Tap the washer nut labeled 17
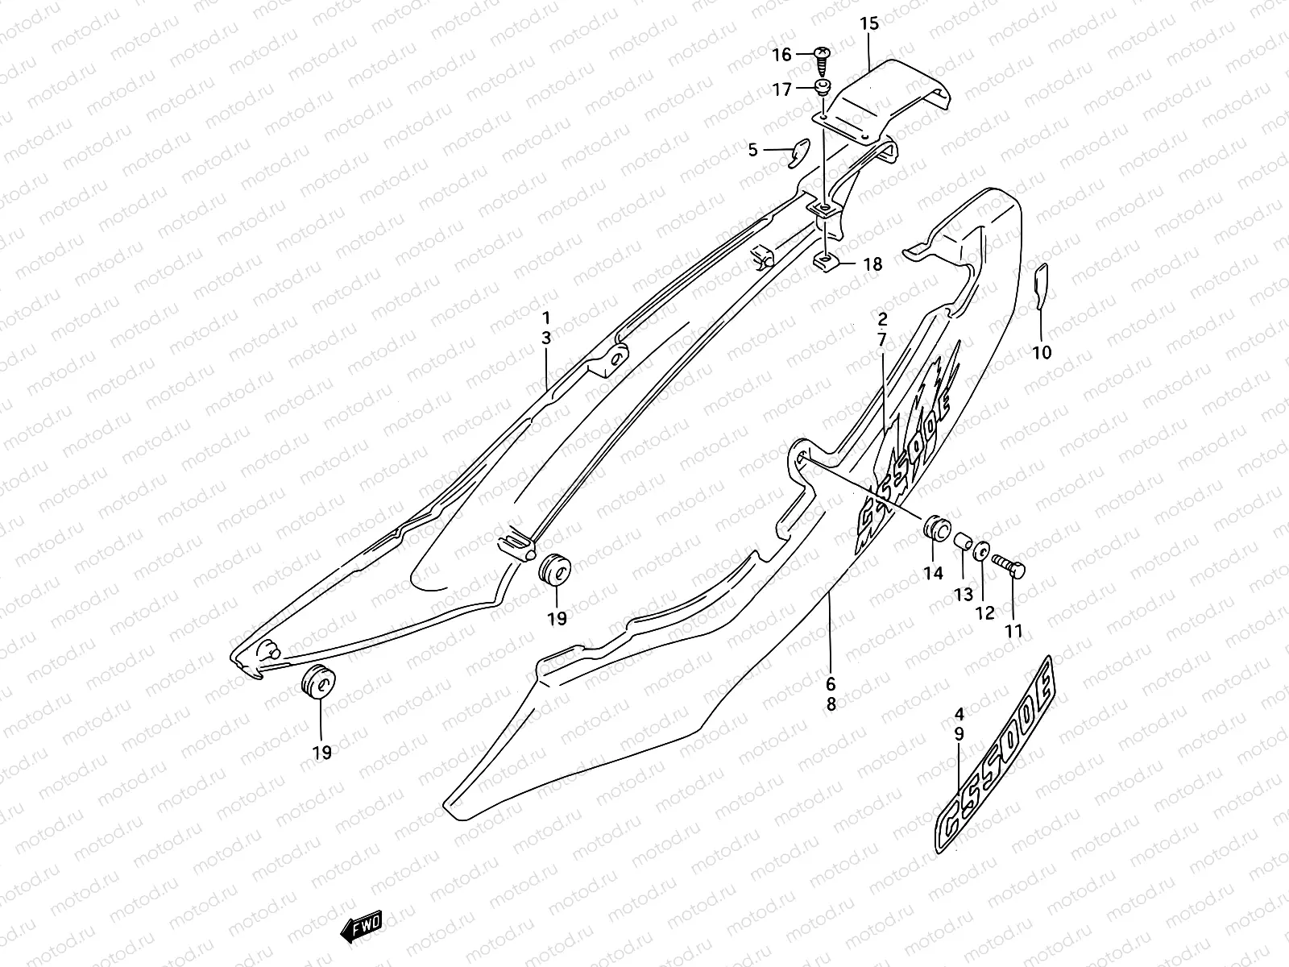click(x=823, y=87)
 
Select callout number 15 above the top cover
click(x=869, y=24)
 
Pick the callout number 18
click(x=872, y=264)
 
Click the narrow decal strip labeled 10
click(x=1040, y=285)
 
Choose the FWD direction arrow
click(x=361, y=931)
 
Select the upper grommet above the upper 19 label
click(x=553, y=570)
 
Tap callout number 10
click(x=1042, y=352)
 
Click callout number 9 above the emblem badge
click(x=959, y=733)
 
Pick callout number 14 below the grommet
click(x=933, y=574)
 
